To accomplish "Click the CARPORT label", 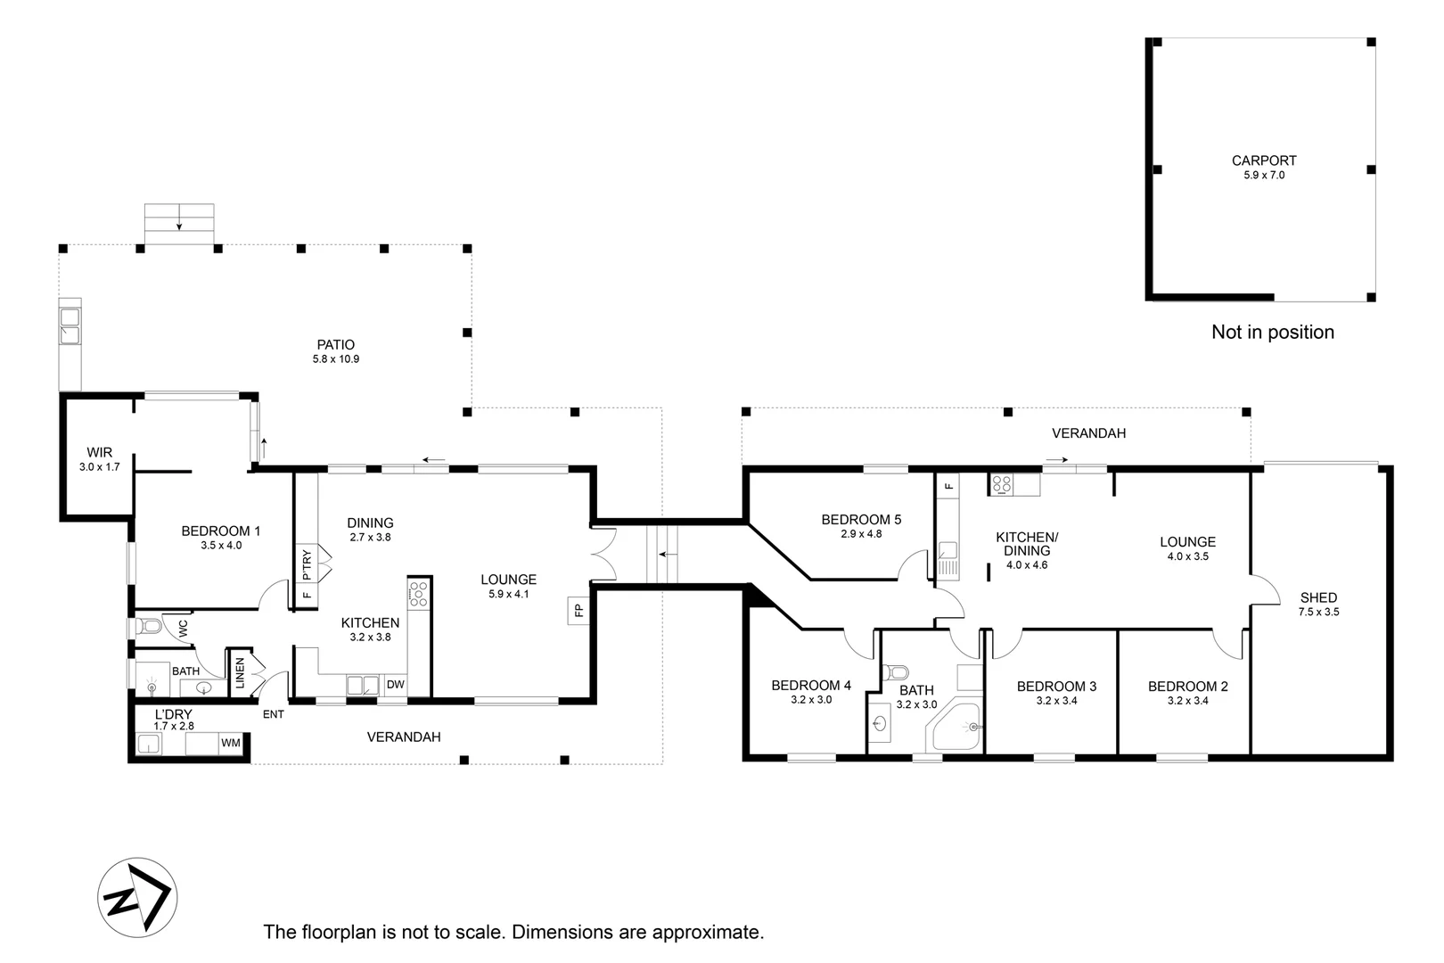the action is tap(1264, 160).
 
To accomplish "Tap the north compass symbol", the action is tap(137, 897).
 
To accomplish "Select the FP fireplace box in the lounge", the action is tap(578, 610).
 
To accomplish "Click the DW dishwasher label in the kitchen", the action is tap(396, 685).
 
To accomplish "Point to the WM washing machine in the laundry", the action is tap(230, 743).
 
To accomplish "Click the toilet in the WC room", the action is tap(148, 626).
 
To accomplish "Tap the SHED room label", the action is tap(1318, 598).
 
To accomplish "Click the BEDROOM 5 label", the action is tap(861, 519).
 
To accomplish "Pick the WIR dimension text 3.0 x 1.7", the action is tap(99, 467).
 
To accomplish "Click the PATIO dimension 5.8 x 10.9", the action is tap(336, 359).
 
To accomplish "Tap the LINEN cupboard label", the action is tap(241, 672).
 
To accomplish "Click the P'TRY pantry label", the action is tap(307, 564).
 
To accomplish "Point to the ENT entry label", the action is tap(274, 714).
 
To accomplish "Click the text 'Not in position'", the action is tap(1273, 333).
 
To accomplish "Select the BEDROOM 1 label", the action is tap(220, 531).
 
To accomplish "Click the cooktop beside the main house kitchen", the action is tap(418, 594).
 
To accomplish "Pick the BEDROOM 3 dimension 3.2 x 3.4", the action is tap(1056, 701).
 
